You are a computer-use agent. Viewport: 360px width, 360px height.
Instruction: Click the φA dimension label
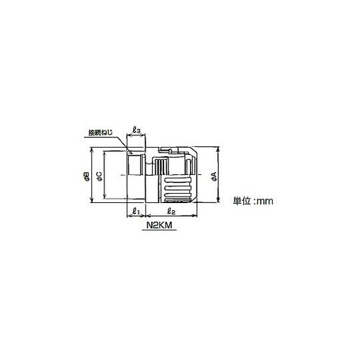click(x=215, y=176)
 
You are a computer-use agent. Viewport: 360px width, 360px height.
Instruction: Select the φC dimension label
click(x=99, y=176)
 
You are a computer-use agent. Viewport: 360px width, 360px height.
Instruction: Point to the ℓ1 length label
click(x=136, y=212)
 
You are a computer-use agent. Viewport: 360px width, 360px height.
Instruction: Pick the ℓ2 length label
click(x=171, y=212)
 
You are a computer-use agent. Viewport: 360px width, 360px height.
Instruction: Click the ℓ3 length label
click(x=137, y=130)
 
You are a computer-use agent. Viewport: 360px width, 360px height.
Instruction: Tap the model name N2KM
click(x=159, y=225)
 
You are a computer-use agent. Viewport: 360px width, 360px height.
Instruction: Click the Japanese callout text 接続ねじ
click(x=100, y=132)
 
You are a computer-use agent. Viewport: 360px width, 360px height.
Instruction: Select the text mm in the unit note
click(x=265, y=201)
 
